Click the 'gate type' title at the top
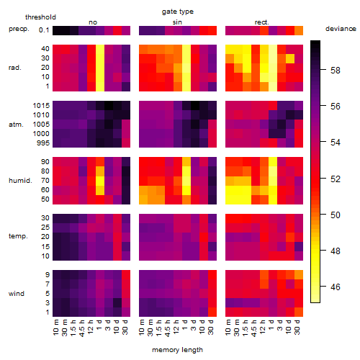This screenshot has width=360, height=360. pyautogui.click(x=178, y=12)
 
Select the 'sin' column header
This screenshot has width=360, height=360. pyautogui.click(x=177, y=22)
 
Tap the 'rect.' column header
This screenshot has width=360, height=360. pyautogui.click(x=261, y=22)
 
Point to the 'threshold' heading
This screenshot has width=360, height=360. pyautogui.click(x=40, y=17)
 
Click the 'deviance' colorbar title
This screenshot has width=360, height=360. pyautogui.click(x=341, y=29)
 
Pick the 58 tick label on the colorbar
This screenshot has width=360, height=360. pyautogui.click(x=336, y=71)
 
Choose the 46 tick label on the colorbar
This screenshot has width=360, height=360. pyautogui.click(x=336, y=287)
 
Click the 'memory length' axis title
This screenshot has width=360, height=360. pyautogui.click(x=177, y=350)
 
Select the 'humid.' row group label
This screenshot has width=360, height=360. pyautogui.click(x=20, y=181)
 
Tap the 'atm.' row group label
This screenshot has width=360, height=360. pyautogui.click(x=16, y=125)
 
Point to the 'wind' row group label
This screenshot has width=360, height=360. pyautogui.click(x=17, y=294)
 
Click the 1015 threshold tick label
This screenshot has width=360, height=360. pyautogui.click(x=41, y=106)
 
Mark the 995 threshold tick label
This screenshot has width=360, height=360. pyautogui.click(x=43, y=143)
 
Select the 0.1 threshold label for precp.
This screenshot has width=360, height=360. pyautogui.click(x=44, y=30)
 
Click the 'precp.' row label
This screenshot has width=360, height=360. pyautogui.click(x=19, y=29)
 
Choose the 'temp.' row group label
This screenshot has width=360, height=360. pyautogui.click(x=18, y=236)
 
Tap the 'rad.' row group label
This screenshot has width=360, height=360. pyautogui.click(x=15, y=68)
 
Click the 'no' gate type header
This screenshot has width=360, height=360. pyautogui.click(x=93, y=22)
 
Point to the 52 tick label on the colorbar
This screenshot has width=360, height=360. pyautogui.click(x=336, y=179)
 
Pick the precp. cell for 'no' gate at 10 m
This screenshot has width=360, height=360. pyautogui.click(x=57, y=31)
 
